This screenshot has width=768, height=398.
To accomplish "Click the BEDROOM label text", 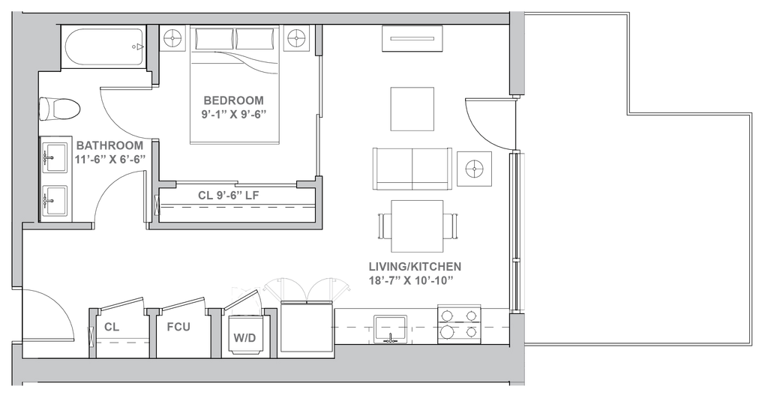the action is click(233, 100).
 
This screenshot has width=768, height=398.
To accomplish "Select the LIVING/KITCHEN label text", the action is click(415, 266).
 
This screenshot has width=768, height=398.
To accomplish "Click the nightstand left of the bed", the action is click(173, 37).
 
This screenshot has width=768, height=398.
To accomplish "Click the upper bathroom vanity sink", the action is click(54, 159).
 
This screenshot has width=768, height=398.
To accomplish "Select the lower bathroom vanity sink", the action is click(54, 199).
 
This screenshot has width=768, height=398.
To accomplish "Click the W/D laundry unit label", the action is click(244, 337).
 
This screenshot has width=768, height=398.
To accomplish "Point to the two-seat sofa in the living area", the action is click(412, 169).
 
